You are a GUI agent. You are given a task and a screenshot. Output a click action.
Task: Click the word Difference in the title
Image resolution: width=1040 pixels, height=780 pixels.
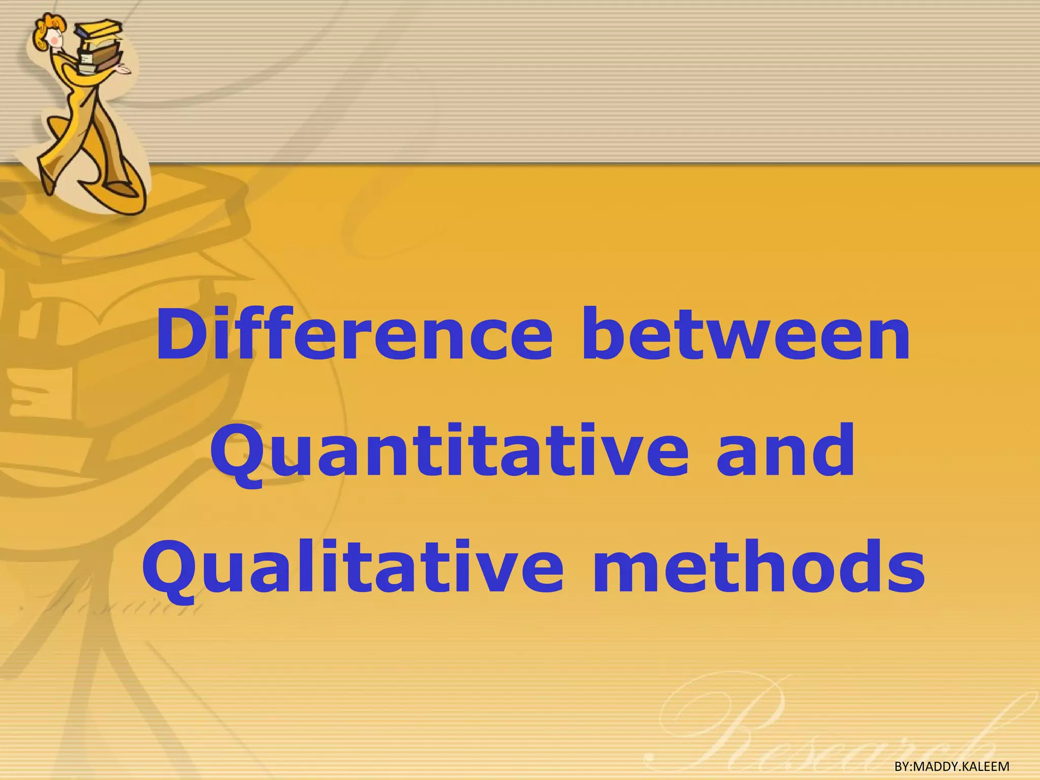click(x=354, y=335)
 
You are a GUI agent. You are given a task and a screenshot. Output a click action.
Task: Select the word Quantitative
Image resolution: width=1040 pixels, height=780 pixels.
click(x=450, y=452)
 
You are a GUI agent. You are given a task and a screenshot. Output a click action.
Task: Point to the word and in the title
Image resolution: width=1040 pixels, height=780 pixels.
click(x=785, y=452)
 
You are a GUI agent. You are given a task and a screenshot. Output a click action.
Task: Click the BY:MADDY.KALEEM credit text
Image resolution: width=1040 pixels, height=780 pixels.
click(x=952, y=766)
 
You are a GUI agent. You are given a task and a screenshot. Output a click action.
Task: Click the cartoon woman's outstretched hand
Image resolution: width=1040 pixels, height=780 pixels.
click(x=122, y=69)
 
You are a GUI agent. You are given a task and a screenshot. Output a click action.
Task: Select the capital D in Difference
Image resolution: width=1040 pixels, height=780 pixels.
click(x=177, y=335)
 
